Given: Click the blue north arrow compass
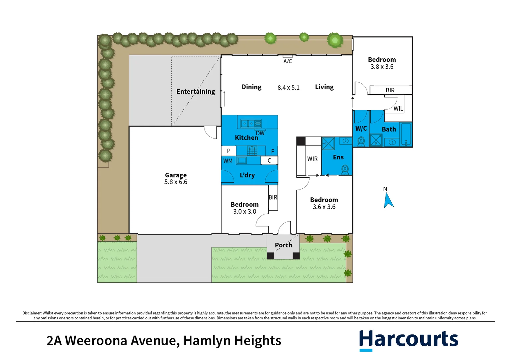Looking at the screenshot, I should (388, 201).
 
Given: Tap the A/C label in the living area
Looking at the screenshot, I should (288, 61).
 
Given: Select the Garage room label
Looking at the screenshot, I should (176, 175).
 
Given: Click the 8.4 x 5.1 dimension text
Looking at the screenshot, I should (289, 88).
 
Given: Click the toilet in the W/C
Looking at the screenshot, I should (361, 142).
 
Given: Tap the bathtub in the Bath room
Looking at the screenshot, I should (406, 134).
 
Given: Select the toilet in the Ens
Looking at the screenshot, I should (345, 169).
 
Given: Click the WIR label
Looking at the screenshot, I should (312, 159).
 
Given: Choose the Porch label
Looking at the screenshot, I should (284, 245).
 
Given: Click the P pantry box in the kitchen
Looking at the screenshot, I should (228, 151).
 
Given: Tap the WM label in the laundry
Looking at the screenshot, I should (228, 161).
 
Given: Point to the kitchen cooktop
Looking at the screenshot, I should (252, 151).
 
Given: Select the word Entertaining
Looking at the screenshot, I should (196, 92).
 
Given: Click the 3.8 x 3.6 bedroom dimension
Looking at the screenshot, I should (382, 67).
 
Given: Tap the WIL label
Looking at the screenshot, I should (398, 109).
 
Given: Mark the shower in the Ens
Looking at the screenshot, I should (328, 143).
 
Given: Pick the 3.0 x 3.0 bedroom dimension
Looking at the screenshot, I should (244, 212).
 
